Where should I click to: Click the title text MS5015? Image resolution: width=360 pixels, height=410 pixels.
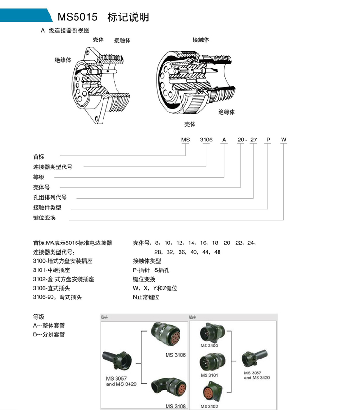point(77,17)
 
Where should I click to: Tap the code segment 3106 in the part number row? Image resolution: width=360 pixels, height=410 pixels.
point(206,140)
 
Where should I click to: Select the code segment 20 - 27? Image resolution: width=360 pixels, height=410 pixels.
point(247,140)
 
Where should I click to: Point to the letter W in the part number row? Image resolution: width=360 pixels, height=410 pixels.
point(284,140)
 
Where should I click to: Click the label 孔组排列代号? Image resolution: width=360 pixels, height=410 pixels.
point(50,197)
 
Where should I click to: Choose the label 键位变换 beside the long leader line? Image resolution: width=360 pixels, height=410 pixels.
point(44,218)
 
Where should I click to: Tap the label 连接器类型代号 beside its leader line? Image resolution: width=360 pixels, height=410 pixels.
point(52,167)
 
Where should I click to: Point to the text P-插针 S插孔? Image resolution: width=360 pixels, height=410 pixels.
point(151,270)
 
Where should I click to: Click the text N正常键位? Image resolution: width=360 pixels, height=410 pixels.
point(146,297)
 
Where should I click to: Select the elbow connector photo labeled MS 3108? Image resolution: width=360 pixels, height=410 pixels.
point(167,387)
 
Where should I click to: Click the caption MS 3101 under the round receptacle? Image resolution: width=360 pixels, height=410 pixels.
point(209,375)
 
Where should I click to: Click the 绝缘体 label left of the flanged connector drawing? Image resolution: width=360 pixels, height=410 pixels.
point(63,60)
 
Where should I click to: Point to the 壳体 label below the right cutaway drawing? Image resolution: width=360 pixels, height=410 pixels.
point(190,124)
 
